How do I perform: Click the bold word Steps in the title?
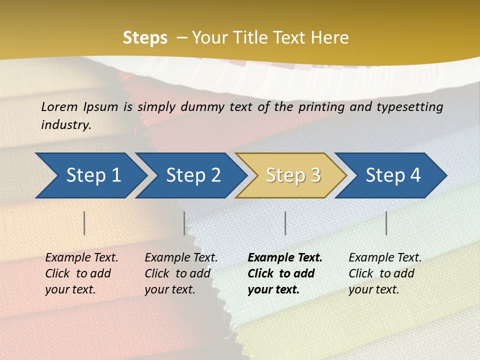(145, 38)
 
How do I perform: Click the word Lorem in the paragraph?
(59, 106)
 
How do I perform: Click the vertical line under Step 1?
(84, 223)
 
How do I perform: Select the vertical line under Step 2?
(184, 223)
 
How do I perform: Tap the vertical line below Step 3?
(285, 223)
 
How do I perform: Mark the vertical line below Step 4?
(386, 223)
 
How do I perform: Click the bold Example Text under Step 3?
(285, 258)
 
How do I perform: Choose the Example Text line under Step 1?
(81, 258)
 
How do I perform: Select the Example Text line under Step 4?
(385, 258)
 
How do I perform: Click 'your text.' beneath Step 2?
(170, 289)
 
